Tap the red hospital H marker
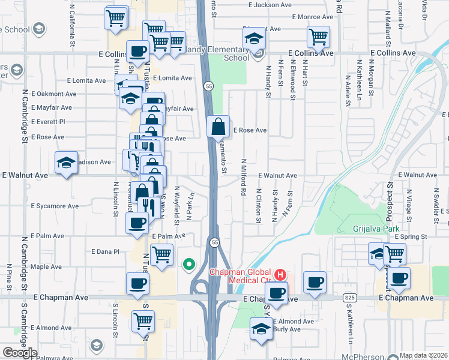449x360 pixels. [x=279, y=275]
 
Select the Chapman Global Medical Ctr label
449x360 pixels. [x=240, y=276]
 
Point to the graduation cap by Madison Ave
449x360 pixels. [x=67, y=162]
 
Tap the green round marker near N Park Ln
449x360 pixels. [x=189, y=263]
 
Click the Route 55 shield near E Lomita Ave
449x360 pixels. [x=207, y=86]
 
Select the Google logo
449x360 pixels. [x=20, y=353]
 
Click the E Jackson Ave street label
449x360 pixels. [x=264, y=5]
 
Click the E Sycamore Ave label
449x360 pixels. [x=55, y=206]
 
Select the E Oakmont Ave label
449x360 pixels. [x=53, y=94]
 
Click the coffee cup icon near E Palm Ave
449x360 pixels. [x=137, y=223]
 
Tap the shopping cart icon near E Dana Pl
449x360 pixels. [x=161, y=254]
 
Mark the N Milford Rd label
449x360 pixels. [x=244, y=178]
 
